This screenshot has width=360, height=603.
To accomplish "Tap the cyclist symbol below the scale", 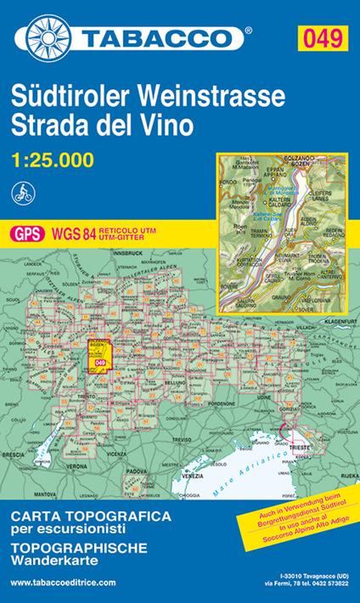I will coord(23,192).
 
